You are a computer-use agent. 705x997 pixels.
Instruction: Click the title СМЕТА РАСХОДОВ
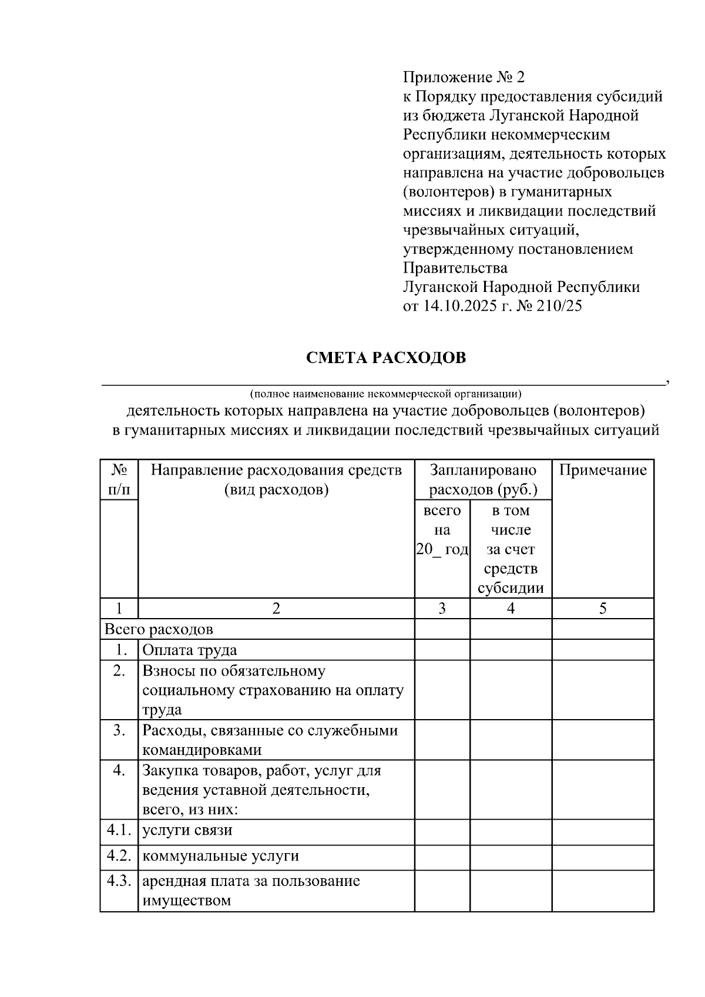[386, 358]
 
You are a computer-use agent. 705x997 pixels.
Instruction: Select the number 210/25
[559, 306]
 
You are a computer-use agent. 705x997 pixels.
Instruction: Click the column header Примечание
[603, 470]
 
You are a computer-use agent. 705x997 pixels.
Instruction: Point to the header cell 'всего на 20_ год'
[442, 530]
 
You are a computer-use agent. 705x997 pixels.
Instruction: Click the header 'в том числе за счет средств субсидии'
[511, 549]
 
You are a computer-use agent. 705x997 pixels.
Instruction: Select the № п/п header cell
[119, 479]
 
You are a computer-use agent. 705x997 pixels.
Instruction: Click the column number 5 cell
[603, 609]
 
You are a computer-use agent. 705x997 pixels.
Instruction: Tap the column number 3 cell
[442, 609]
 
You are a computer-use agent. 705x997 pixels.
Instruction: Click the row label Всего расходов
[159, 629]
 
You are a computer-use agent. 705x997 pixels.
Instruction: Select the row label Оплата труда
[190, 650]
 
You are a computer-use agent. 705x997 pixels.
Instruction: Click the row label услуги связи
[187, 830]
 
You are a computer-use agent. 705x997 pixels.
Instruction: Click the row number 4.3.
[119, 881]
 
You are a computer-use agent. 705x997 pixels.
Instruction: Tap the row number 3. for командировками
[120, 731]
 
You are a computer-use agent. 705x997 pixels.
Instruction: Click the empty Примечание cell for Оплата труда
[603, 650]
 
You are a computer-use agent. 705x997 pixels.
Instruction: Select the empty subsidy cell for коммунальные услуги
[511, 857]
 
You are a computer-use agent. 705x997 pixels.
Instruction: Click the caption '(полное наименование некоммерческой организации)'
[385, 393]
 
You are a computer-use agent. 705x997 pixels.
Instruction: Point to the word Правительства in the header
[455, 268]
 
